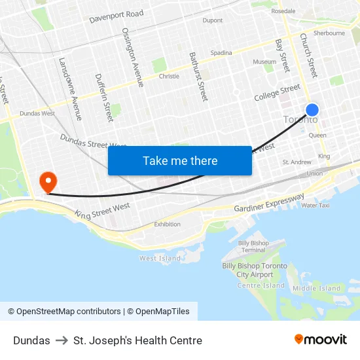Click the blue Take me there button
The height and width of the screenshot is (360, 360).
pyautogui.click(x=179, y=160)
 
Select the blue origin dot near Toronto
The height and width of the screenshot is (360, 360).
pyautogui.click(x=312, y=110)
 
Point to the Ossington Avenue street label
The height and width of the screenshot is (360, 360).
pyautogui.click(x=133, y=57)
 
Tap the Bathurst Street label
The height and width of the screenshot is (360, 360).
pyautogui.click(x=198, y=76)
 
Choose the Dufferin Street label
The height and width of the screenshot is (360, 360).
pyautogui.click(x=103, y=97)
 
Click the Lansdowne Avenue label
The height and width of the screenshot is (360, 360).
pyautogui.click(x=70, y=89)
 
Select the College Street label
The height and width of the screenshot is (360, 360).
pyautogui.click(x=277, y=93)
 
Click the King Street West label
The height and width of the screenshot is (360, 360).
pyautogui.click(x=102, y=211)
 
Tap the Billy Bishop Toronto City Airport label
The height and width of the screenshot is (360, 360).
pyautogui.click(x=254, y=270)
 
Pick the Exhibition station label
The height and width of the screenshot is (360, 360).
pyautogui.click(x=167, y=225)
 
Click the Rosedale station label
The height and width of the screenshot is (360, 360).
pyautogui.click(x=283, y=11)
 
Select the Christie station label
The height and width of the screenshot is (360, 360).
pyautogui.click(x=169, y=77)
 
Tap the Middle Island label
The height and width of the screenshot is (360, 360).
pyautogui.click(x=317, y=288)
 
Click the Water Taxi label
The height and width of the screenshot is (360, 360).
pyautogui.click(x=315, y=206)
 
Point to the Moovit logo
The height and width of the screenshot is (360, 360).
pyautogui.click(x=320, y=340)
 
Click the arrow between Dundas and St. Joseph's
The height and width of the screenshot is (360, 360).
pyautogui.click(x=62, y=340)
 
